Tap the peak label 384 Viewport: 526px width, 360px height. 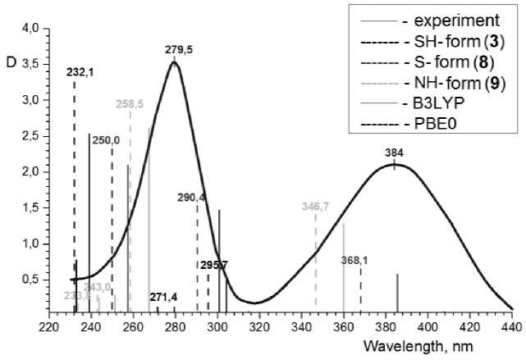[x=395, y=153]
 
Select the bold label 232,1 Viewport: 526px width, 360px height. [x=80, y=73]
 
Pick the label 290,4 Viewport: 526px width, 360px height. [x=192, y=198]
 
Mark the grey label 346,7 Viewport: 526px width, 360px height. [x=316, y=207]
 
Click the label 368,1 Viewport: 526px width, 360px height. [x=354, y=260]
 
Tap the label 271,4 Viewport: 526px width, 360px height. [x=163, y=296]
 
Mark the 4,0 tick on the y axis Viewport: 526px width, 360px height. [x=30, y=28]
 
